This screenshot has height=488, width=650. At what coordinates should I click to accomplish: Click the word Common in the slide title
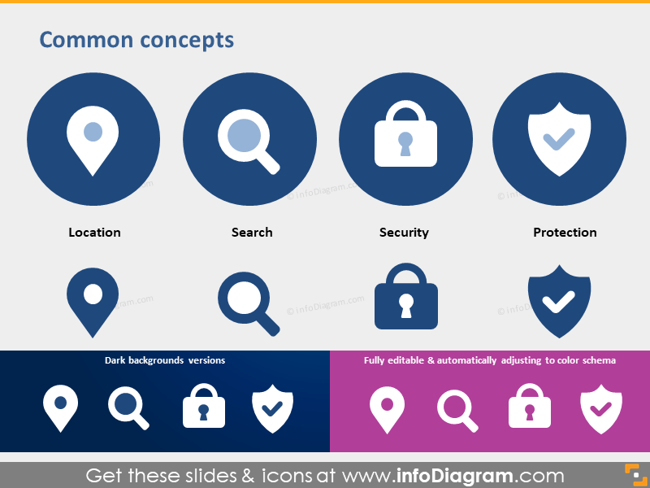pyautogui.click(x=87, y=40)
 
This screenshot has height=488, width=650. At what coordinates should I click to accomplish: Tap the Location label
pyautogui.click(x=94, y=233)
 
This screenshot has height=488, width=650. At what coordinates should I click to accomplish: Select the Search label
pyautogui.click(x=252, y=233)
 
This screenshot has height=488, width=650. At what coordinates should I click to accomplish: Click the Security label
pyautogui.click(x=404, y=233)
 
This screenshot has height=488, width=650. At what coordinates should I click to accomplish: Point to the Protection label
pyautogui.click(x=565, y=233)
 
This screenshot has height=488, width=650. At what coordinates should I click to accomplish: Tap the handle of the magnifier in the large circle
pyautogui.click(x=268, y=162)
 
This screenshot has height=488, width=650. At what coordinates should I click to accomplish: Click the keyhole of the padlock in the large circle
pyautogui.click(x=405, y=144)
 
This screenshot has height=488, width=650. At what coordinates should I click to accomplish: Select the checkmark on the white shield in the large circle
pyautogui.click(x=559, y=139)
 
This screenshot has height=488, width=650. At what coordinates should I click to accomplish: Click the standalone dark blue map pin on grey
pyautogui.click(x=93, y=303)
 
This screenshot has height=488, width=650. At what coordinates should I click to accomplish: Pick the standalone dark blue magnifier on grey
pyautogui.click(x=249, y=304)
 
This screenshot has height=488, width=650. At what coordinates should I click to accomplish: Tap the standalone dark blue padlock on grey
pyautogui.click(x=406, y=296)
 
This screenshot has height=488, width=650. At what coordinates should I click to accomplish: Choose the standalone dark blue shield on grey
pyautogui.click(x=559, y=302)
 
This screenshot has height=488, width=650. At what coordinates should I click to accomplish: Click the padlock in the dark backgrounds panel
pyautogui.click(x=204, y=406)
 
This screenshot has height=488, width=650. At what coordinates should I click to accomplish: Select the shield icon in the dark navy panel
pyautogui.click(x=272, y=409)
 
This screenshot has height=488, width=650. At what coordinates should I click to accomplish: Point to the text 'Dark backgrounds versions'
pyautogui.click(x=165, y=360)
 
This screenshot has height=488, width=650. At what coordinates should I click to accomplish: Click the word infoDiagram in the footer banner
pyautogui.click(x=454, y=476)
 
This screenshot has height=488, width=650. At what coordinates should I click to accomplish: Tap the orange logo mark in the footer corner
pyautogui.click(x=636, y=475)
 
